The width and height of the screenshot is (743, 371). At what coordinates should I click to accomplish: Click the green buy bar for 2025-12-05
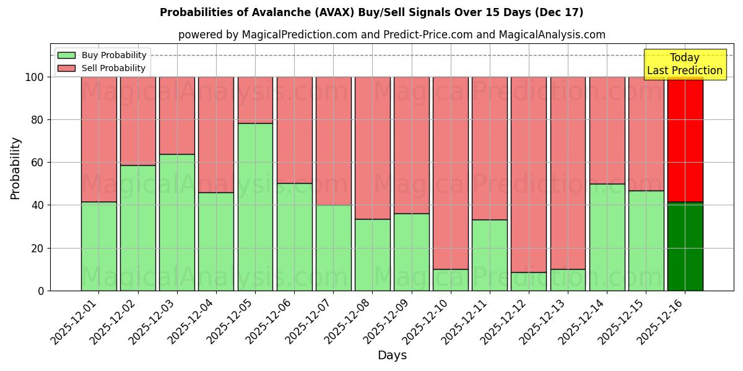tap(255, 207)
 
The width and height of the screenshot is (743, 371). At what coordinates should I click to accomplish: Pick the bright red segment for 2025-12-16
tap(685, 139)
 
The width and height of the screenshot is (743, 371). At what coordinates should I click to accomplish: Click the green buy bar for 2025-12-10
tap(451, 279)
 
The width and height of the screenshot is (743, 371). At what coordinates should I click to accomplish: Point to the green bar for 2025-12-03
tap(177, 222)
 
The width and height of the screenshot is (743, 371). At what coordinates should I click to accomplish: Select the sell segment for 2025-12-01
tap(99, 139)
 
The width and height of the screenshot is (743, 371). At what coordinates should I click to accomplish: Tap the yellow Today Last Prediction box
tap(684, 64)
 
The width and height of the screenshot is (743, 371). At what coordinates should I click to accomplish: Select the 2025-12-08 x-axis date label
tap(347, 325)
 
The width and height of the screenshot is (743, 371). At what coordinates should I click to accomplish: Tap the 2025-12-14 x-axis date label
tap(581, 325)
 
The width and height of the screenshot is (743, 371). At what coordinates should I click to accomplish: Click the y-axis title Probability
tap(15, 168)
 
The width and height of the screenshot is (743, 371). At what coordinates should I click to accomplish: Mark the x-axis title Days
tap(392, 356)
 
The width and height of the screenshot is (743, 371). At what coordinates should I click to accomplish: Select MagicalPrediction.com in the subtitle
tap(299, 35)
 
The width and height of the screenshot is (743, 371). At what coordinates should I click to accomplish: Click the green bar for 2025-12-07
tap(334, 247)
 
